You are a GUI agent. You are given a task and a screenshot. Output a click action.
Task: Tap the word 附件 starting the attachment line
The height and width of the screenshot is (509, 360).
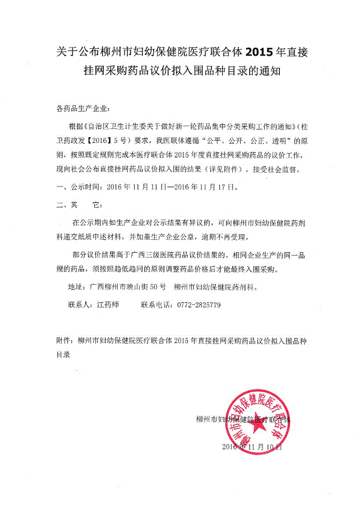tap(65, 340)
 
